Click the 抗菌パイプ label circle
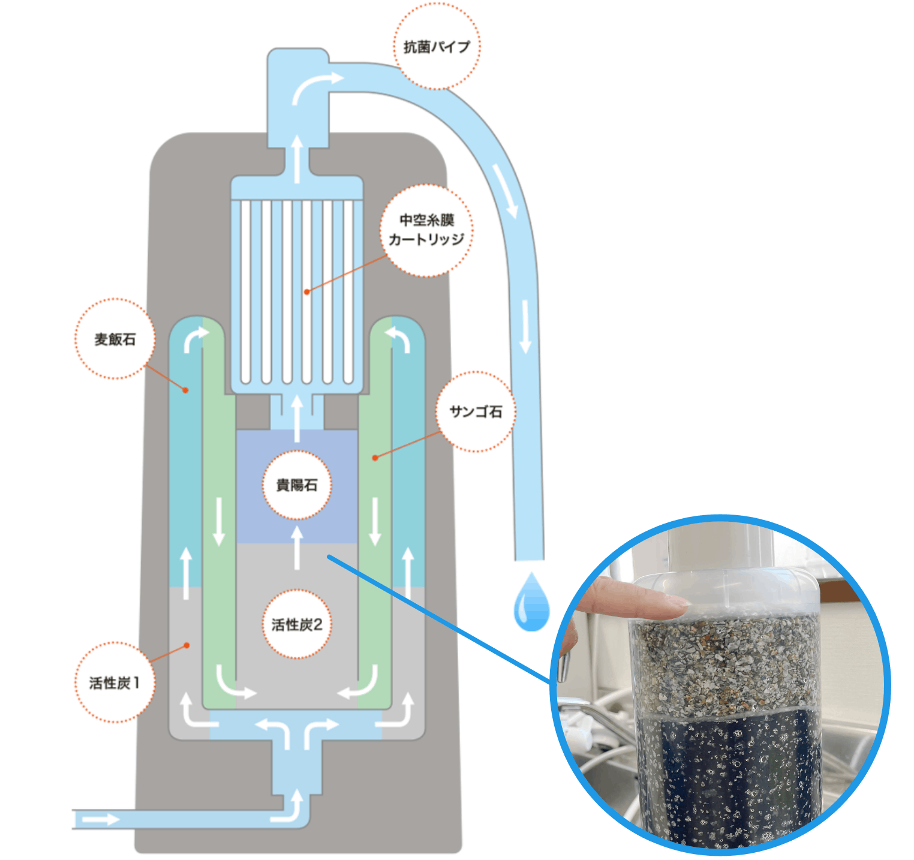(437, 46)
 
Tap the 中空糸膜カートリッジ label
(426, 230)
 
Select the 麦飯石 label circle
(115, 339)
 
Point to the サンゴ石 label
(476, 411)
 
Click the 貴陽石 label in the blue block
(297, 485)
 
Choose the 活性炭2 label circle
(297, 624)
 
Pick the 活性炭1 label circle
(115, 682)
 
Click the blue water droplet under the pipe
(531, 602)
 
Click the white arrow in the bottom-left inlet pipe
(100, 819)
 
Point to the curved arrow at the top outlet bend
(315, 85)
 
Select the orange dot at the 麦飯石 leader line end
(186, 390)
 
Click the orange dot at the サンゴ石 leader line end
(375, 458)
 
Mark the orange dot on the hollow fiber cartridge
(306, 291)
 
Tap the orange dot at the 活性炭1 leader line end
(187, 645)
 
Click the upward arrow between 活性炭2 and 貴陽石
(297, 547)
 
